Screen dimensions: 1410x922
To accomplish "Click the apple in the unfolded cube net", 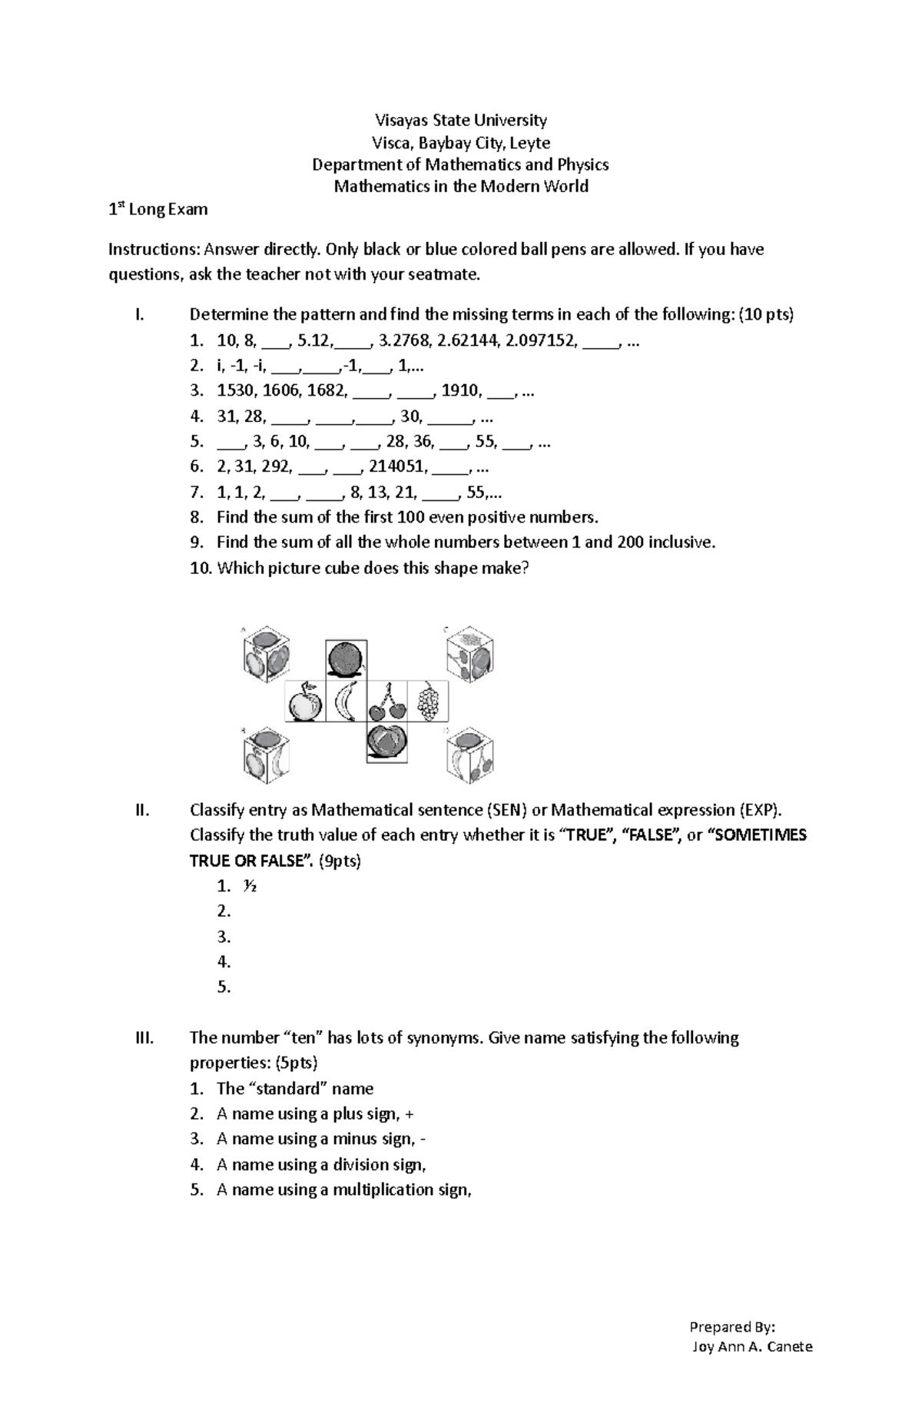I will pyautogui.click(x=304, y=702).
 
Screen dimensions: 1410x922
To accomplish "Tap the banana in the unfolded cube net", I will pyautogui.click(x=346, y=702).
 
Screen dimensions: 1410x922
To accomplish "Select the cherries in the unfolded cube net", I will pyautogui.click(x=386, y=702).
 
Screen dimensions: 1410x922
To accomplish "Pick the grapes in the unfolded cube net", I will pyautogui.click(x=428, y=702).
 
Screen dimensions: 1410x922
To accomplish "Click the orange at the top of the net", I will pyautogui.click(x=346, y=660).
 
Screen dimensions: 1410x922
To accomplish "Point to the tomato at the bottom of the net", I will pyautogui.click(x=386, y=742).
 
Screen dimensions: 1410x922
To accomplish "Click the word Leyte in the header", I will pyautogui.click(x=531, y=143).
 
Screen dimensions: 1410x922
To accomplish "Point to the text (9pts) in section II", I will pyautogui.click(x=339, y=861).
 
